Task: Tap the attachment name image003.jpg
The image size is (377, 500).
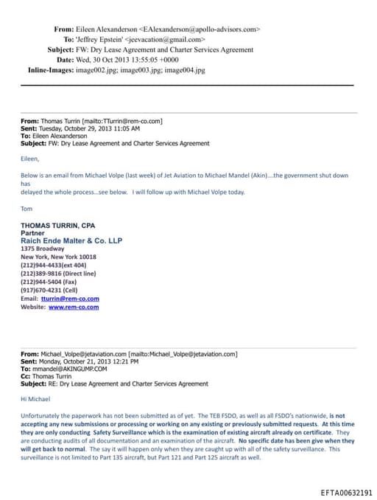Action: click(x=155, y=69)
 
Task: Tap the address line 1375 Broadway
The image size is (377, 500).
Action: click(x=41, y=249)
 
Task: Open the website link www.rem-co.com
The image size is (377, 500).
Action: click(x=73, y=307)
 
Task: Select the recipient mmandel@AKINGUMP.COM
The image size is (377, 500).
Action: click(x=67, y=369)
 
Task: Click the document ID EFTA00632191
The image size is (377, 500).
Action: click(x=346, y=491)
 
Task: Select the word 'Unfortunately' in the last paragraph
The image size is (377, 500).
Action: click(x=42, y=417)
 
